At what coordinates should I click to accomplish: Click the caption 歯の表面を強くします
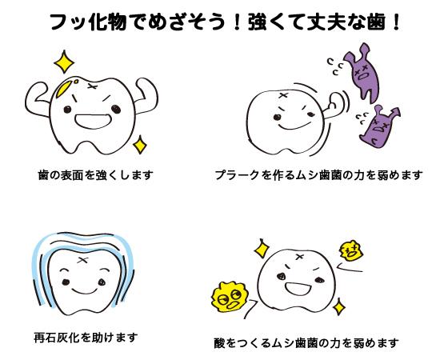coord(96,175)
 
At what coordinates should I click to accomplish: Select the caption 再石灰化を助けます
coord(86,338)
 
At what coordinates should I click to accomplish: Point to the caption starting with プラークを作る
coord(318,175)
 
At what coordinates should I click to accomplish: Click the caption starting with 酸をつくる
coord(306,342)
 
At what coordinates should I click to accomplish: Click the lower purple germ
coord(378,126)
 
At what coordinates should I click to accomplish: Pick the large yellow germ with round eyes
coord(230,297)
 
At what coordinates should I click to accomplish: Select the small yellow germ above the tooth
coord(350,250)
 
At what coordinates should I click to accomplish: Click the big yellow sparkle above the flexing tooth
coord(64,62)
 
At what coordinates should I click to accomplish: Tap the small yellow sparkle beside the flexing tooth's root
coord(139,145)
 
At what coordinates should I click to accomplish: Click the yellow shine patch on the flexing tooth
coord(65,88)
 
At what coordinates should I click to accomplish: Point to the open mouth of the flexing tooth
coord(93,121)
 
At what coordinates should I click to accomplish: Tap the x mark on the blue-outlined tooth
coord(82,260)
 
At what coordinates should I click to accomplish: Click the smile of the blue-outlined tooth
coord(84,290)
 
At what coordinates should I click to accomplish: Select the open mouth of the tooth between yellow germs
coord(298,289)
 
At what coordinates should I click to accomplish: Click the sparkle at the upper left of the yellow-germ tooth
coord(262,248)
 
